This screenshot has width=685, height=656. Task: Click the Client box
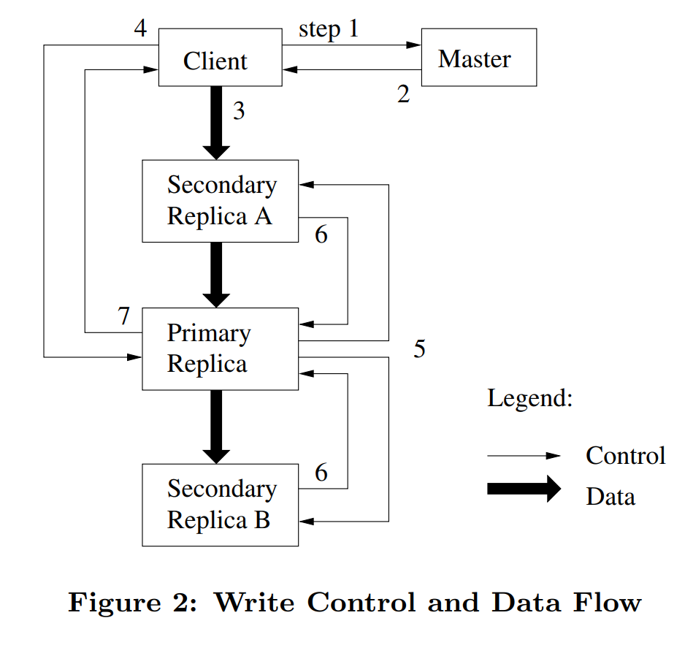point(220,58)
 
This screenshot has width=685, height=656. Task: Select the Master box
point(478,58)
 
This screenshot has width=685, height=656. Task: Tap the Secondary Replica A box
point(220,201)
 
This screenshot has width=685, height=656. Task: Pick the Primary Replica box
point(220,348)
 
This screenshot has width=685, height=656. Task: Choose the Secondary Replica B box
point(220,504)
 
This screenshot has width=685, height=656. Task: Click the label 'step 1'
point(329,30)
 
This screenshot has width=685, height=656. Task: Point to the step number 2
point(403,94)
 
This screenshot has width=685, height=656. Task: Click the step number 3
point(239,111)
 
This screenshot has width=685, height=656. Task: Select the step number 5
point(419,349)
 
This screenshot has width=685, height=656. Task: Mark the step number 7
point(124,316)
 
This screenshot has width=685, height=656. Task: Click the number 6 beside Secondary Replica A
point(321,234)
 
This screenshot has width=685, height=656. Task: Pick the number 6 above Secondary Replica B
point(321,473)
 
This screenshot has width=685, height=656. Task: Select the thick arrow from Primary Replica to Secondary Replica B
point(215,426)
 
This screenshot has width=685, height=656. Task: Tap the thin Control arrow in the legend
point(524,456)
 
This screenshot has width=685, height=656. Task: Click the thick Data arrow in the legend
point(524,489)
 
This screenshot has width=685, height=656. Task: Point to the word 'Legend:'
point(529,399)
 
